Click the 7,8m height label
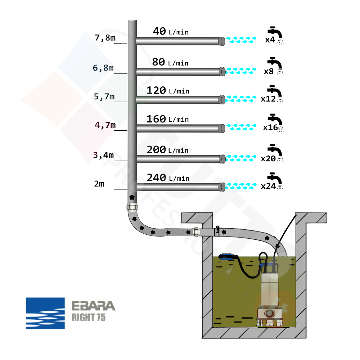pos(104,37)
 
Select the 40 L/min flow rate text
pos(171,32)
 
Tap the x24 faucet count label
pos(268,186)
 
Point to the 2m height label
pos(99,184)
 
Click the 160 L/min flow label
pos(167,119)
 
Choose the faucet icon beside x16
pos(276,122)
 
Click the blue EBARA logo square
pos(45,313)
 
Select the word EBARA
pos(93,306)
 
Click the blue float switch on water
pos(228,257)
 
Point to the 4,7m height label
pos(105,125)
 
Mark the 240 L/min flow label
pos(168,178)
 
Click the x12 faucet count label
pos(268,99)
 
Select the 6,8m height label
pos(103,68)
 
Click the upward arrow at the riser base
pos(132,197)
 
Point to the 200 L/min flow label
pos(168,150)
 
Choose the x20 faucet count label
pos(268,158)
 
